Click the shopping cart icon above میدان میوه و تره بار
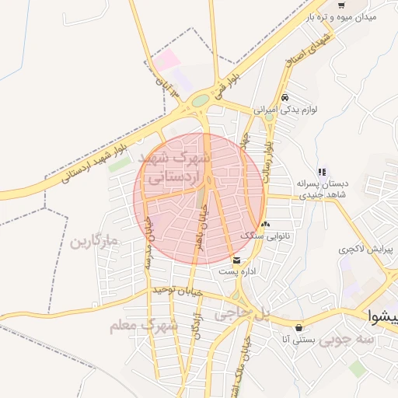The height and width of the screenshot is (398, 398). [341, 5]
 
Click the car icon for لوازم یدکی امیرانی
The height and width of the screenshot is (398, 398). [286, 98]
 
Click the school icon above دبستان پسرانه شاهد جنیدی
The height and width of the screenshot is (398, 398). [321, 172]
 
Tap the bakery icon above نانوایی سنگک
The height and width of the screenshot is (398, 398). [266, 223]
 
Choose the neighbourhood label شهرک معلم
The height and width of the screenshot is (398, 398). [145, 325]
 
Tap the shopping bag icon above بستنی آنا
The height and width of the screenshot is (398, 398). [299, 327]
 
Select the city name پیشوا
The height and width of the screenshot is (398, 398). [382, 316]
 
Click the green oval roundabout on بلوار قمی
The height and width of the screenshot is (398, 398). [201, 100]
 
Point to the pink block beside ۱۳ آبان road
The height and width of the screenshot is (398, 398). [165, 60]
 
